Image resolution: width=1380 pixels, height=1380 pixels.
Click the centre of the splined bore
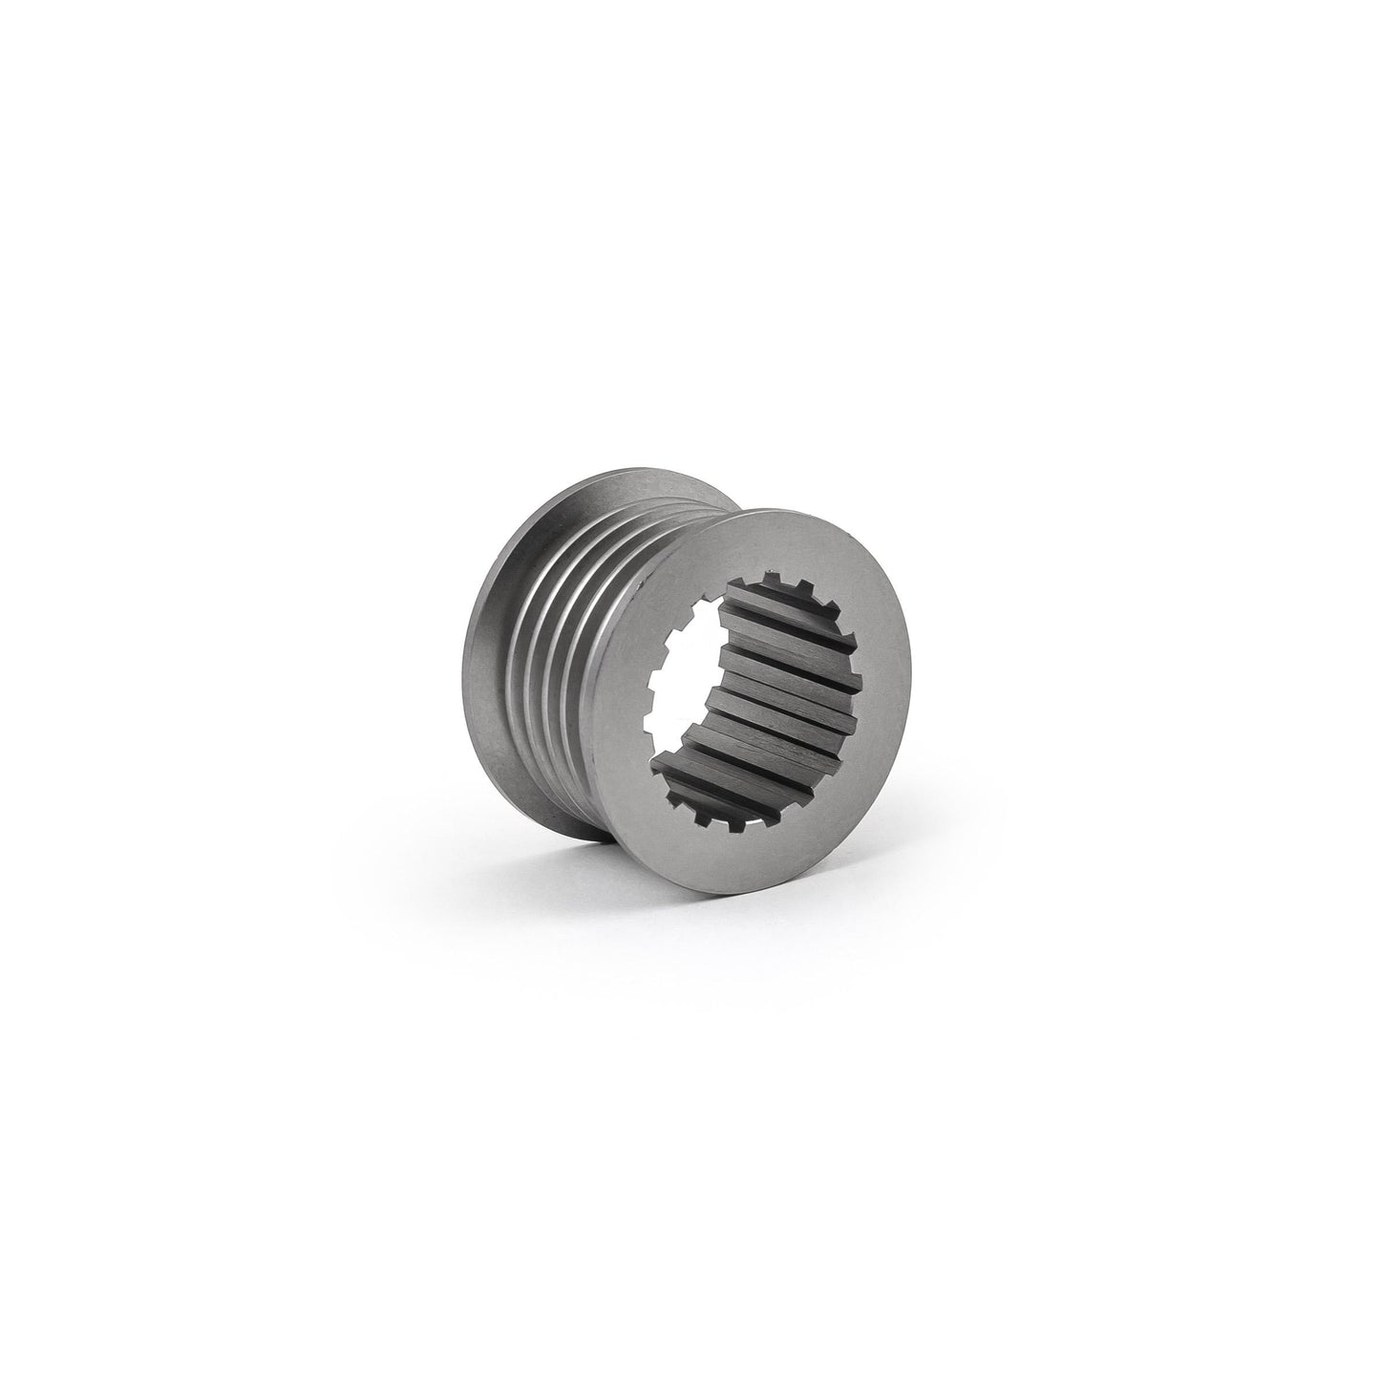(x=754, y=702)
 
